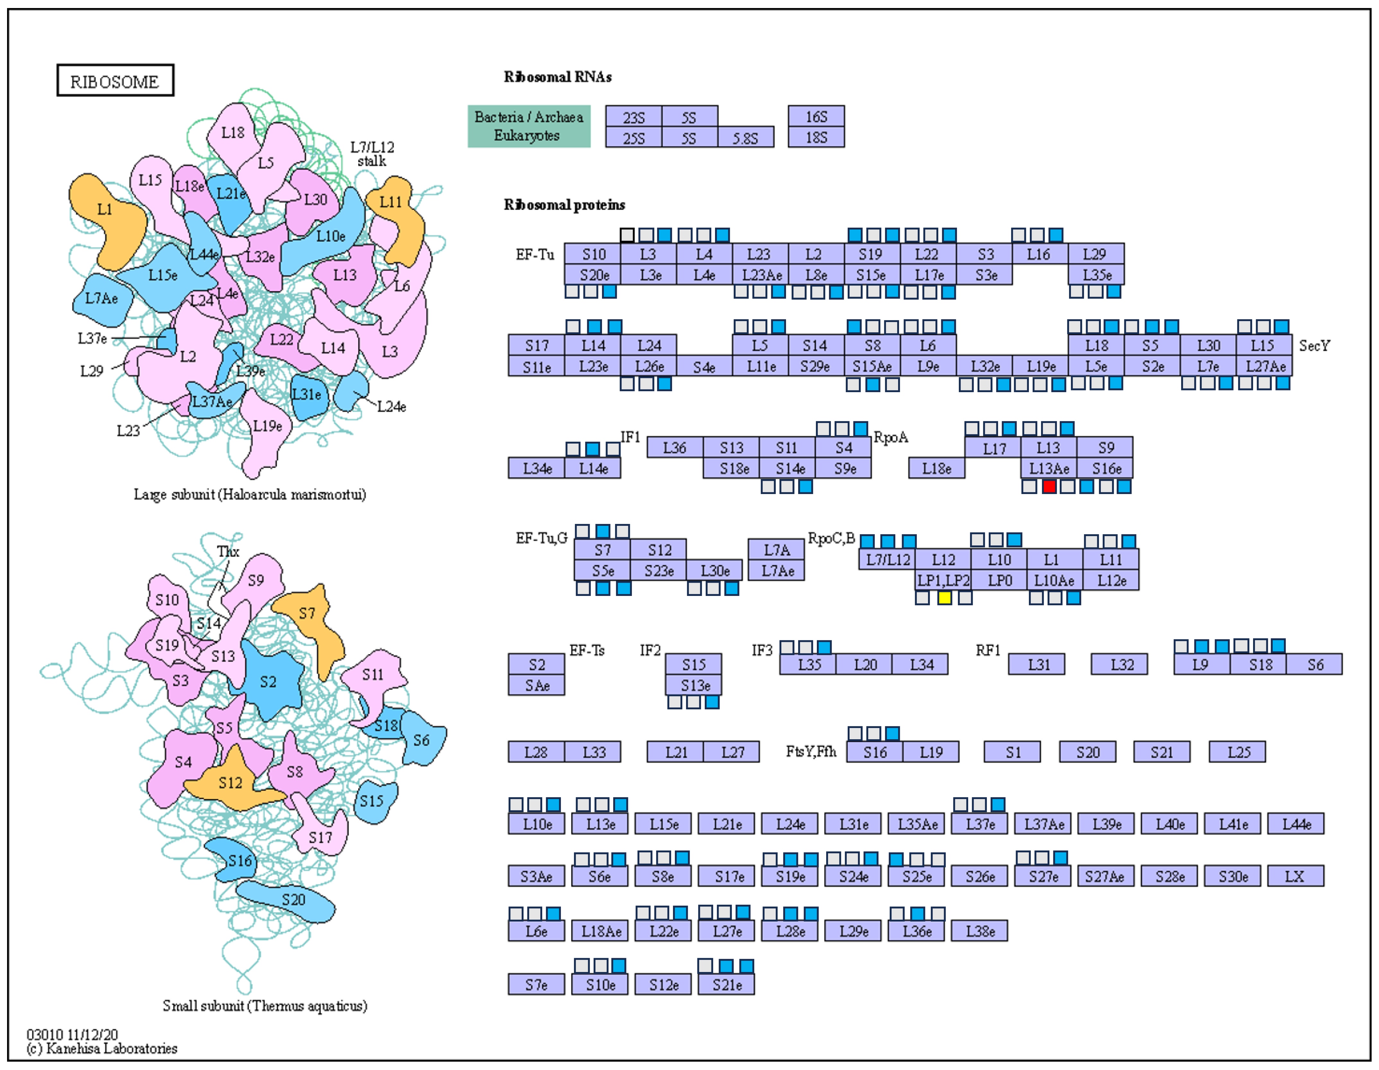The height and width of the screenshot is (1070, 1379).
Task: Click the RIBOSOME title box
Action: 115,81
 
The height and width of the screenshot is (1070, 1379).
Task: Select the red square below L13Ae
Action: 1049,486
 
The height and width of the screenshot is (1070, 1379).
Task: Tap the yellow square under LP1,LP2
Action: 944,598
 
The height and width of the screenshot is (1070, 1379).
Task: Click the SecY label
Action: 1314,346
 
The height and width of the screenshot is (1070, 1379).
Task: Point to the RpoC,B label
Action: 831,538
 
